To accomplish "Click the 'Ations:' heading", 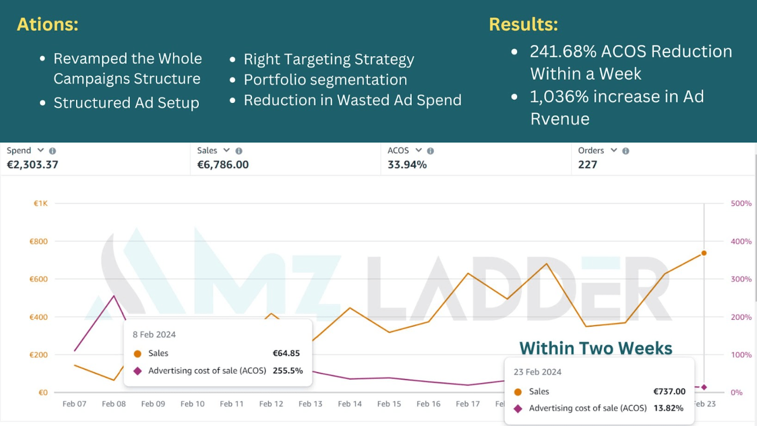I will click(x=47, y=25).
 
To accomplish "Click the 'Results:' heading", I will click(x=523, y=25).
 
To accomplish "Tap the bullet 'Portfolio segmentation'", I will click(x=325, y=80).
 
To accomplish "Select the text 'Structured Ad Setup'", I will click(x=126, y=102).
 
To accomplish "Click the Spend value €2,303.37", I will click(x=32, y=165).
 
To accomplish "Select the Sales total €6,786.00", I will click(x=223, y=165).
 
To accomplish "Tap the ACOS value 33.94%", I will click(x=407, y=165).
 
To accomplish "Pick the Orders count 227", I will click(x=587, y=165).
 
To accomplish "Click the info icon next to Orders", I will click(x=626, y=151).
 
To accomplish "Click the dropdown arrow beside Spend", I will click(x=40, y=150).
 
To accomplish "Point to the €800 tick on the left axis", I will click(x=38, y=242).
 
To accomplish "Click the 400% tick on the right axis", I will click(x=741, y=242).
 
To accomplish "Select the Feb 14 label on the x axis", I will click(x=350, y=404).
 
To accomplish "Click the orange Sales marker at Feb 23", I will click(x=704, y=253).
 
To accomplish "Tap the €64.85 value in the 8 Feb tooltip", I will click(x=286, y=354).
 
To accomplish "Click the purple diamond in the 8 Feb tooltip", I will click(x=137, y=371).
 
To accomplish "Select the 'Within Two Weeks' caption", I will click(x=595, y=348).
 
